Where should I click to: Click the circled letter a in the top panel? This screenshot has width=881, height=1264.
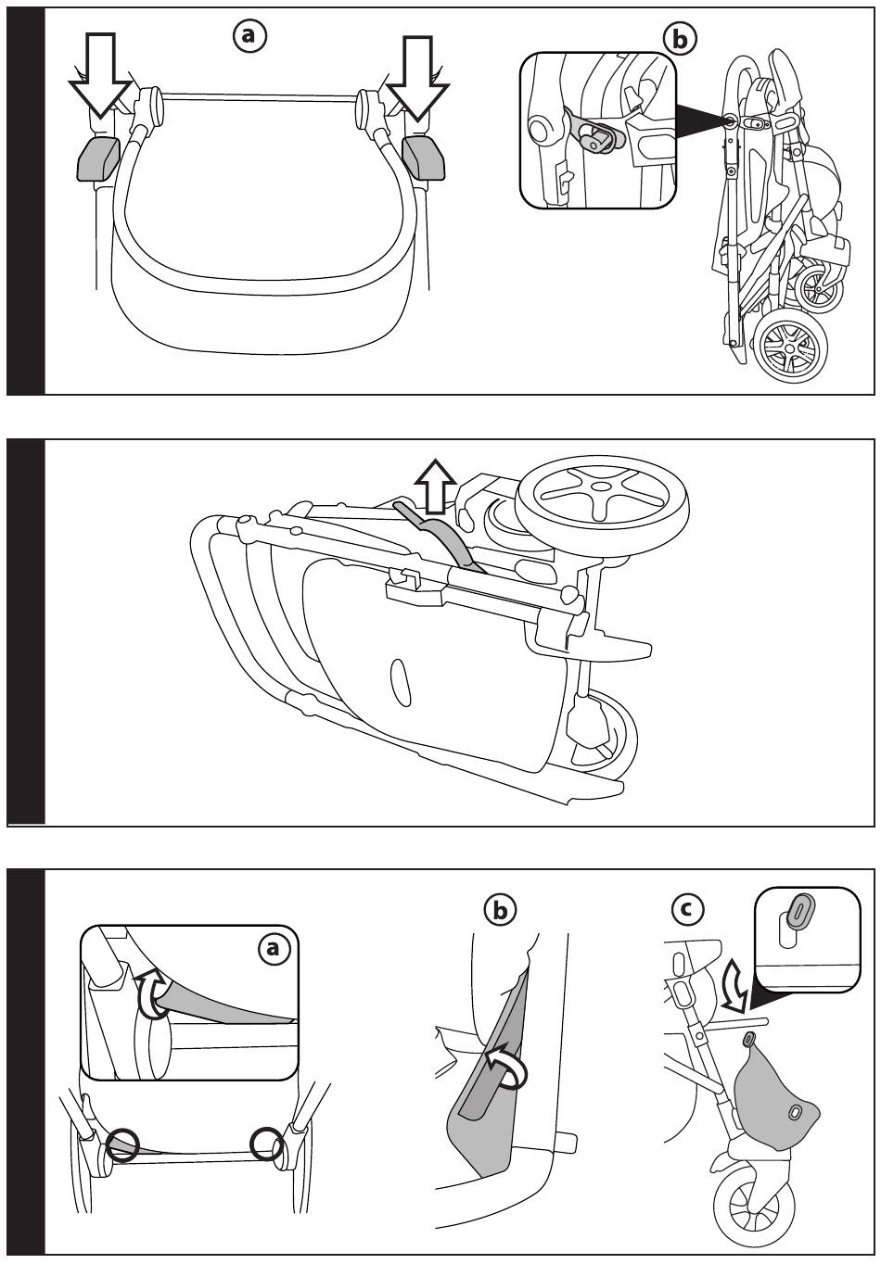point(249,34)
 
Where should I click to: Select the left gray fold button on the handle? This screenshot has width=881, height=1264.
point(97,158)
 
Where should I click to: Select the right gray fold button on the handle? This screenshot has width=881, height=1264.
point(422,158)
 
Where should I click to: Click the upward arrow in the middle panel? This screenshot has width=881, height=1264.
point(435,485)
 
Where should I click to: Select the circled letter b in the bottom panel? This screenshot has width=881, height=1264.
point(501,911)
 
